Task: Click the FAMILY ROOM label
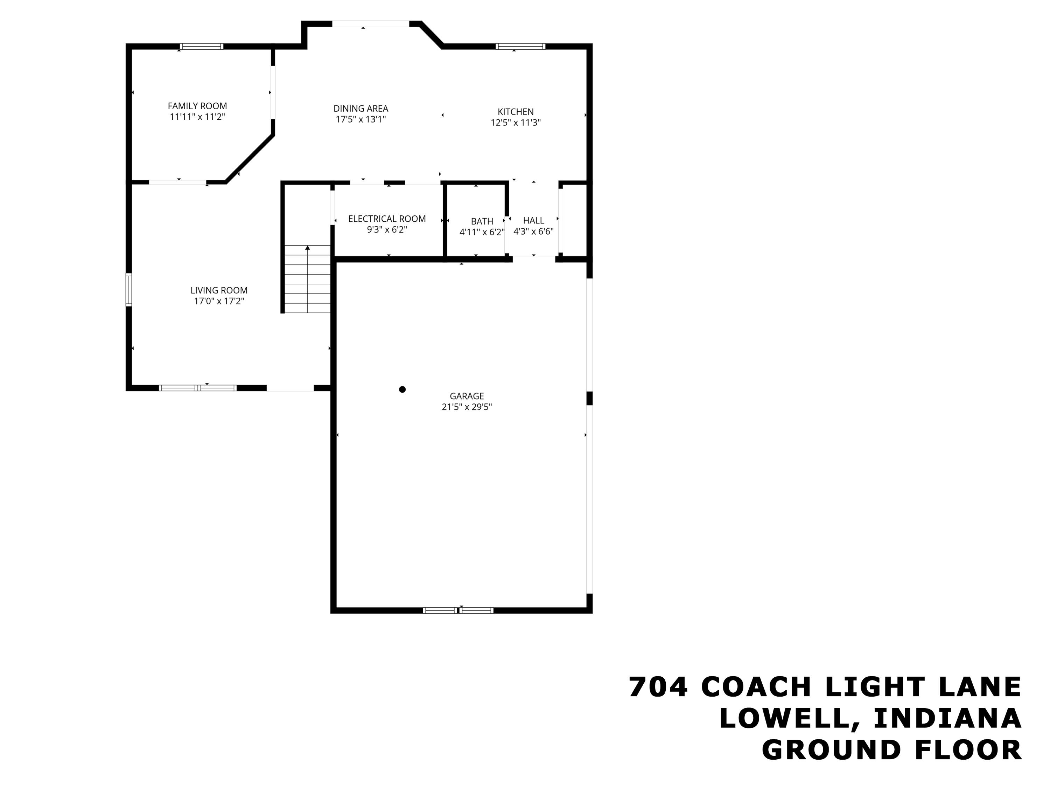(197, 106)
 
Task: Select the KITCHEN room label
(516, 112)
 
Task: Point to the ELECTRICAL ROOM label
(386, 219)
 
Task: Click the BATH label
(482, 221)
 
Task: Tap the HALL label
(533, 220)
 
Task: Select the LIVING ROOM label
(219, 290)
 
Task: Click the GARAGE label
(467, 396)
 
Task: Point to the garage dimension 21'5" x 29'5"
(467, 407)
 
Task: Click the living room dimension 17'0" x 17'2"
(219, 301)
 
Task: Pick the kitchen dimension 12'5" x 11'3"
(516, 123)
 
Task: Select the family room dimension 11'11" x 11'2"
(197, 117)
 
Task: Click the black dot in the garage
(402, 389)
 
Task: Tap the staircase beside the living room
(307, 280)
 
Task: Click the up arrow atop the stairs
(308, 248)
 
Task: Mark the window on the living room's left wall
(129, 289)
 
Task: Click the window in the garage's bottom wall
(458, 610)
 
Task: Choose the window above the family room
(201, 47)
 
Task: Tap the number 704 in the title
(658, 687)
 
